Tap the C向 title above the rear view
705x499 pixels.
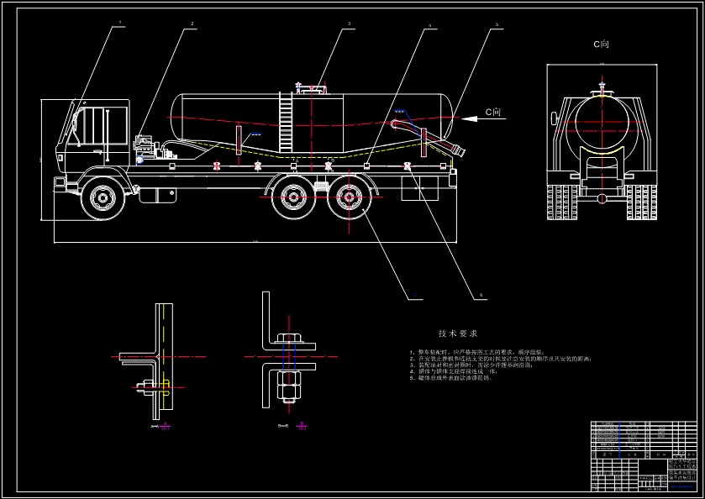pos(602,44)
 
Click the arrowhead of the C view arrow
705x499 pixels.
pos(462,119)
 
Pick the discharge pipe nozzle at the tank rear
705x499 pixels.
pos(458,152)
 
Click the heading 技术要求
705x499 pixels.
pos(457,334)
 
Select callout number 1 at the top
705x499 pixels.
pos(119,23)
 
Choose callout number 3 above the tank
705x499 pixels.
pos(349,24)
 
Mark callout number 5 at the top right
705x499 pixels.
pos(497,25)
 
